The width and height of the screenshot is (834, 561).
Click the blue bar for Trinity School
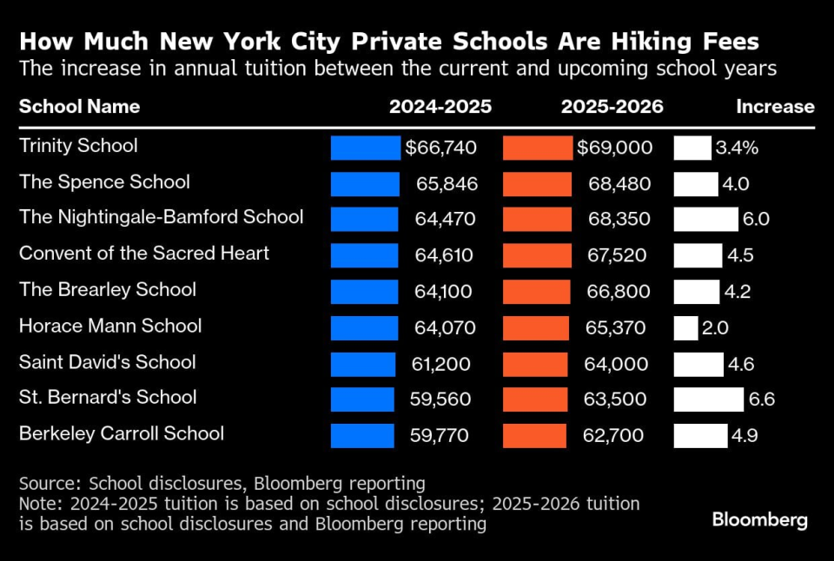click(365, 148)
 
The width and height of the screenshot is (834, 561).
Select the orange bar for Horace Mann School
click(536, 327)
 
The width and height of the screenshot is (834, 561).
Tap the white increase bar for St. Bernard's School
click(708, 399)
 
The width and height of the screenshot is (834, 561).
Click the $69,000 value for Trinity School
click(615, 148)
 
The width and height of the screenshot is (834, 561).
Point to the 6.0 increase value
click(756, 219)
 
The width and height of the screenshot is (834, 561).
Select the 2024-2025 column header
click(440, 107)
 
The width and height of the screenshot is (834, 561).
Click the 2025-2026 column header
click(612, 107)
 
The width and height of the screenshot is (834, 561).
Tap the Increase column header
click(775, 107)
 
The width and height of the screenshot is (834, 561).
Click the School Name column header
click(79, 107)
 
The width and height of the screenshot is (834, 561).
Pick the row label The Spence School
click(104, 181)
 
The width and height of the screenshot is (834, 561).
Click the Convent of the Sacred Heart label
click(144, 253)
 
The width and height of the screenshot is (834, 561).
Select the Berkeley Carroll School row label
click(122, 433)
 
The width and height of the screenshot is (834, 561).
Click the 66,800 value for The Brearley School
click(618, 291)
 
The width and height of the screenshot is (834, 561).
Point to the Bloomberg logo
click(759, 520)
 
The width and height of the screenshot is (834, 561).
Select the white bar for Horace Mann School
click(685, 327)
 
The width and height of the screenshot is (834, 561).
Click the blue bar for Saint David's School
click(362, 364)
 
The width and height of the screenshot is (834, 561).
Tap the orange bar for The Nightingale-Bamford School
click(537, 219)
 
